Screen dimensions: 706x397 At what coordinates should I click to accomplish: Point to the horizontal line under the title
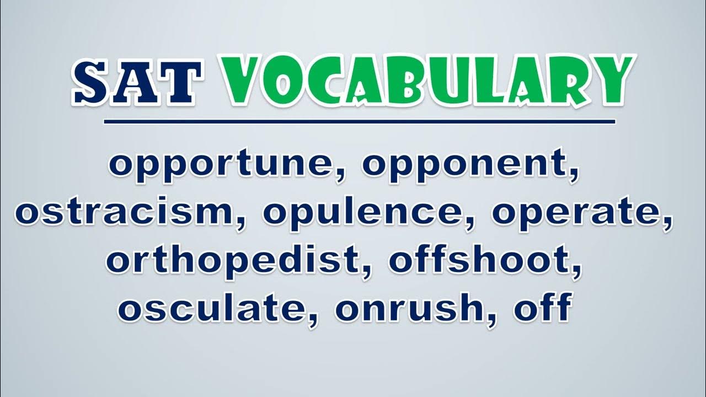(360, 122)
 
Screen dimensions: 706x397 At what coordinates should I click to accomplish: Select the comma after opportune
(340, 176)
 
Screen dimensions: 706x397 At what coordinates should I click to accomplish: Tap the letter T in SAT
(181, 82)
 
